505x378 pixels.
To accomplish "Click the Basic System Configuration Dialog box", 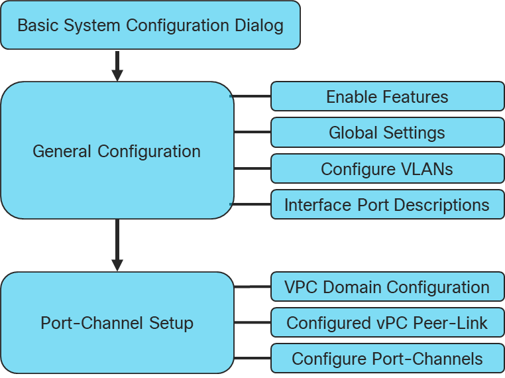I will (150, 25).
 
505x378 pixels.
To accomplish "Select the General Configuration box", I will (117, 151).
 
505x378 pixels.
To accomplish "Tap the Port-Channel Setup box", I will (117, 323).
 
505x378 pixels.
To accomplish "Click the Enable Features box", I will (387, 97).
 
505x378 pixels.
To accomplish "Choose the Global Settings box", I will (387, 133).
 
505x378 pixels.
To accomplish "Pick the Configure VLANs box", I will (387, 169).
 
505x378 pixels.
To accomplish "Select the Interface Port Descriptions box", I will (387, 205).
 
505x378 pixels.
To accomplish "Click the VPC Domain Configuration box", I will (387, 287).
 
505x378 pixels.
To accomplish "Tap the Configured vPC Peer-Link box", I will (387, 323).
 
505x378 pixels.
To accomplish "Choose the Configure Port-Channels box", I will (387, 359).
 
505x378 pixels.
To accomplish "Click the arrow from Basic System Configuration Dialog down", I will (117, 65).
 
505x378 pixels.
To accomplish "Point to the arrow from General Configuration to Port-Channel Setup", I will (117, 245).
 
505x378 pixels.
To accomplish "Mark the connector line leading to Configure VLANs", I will (252, 168).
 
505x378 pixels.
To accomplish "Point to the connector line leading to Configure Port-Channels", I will (252, 359).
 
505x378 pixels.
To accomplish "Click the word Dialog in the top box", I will (259, 26).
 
